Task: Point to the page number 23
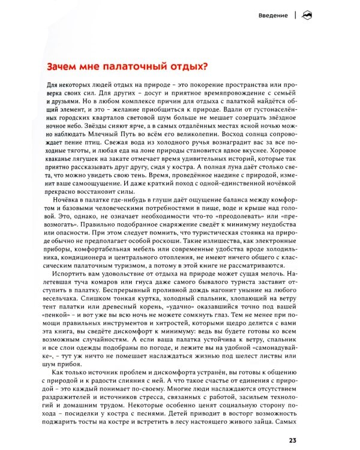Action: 293,442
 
